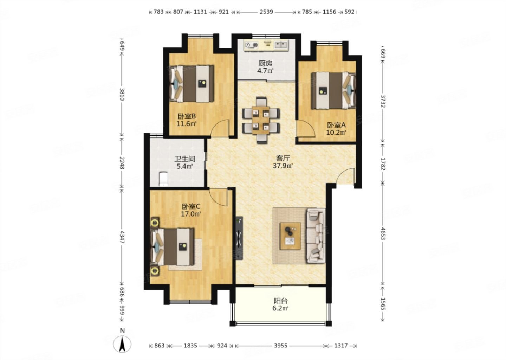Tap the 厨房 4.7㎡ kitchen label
(265, 67)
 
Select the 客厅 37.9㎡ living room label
(283, 162)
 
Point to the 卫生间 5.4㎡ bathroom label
(185, 162)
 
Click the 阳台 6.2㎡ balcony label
(280, 304)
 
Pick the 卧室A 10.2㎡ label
(336, 129)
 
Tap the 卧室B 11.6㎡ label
(186, 120)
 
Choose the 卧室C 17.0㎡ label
(191, 210)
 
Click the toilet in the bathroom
(163, 179)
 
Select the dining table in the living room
(261, 120)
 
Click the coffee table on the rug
(290, 236)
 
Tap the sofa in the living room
(316, 236)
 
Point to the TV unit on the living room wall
(239, 238)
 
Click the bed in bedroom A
(334, 90)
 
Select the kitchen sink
(281, 45)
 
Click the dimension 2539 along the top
(266, 12)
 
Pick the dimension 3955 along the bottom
(281, 346)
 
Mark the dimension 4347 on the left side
(122, 237)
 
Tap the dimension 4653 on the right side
(383, 233)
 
